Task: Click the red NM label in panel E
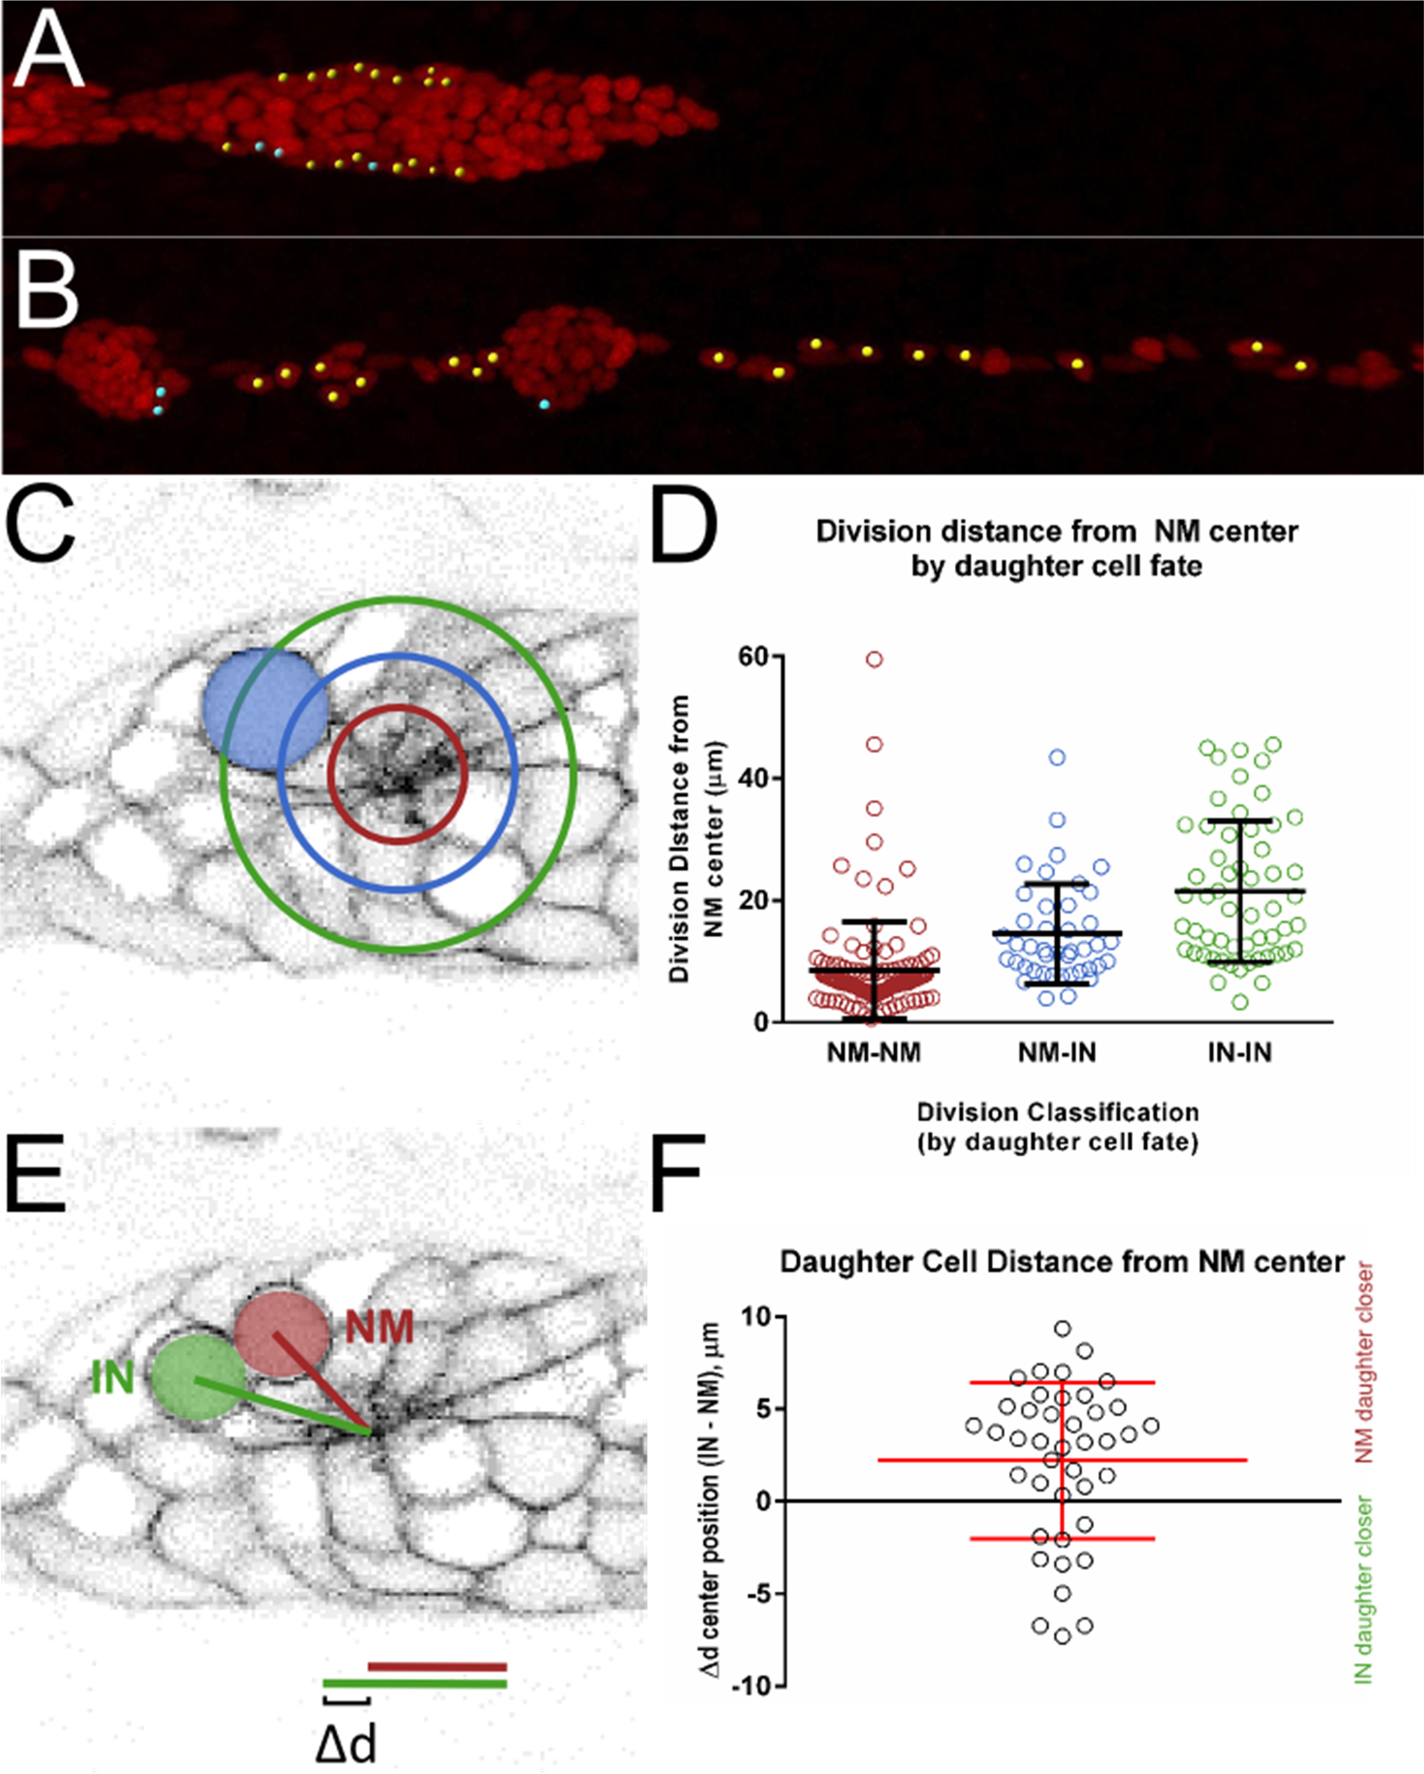tap(379, 1327)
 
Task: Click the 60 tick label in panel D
tap(758, 657)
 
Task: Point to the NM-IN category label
tap(1057, 1052)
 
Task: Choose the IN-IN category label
tap(1239, 1052)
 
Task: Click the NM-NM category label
tap(874, 1052)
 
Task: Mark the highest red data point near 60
tap(874, 659)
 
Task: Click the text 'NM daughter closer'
tap(1365, 1361)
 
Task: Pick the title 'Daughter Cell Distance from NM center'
tap(1062, 1261)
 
